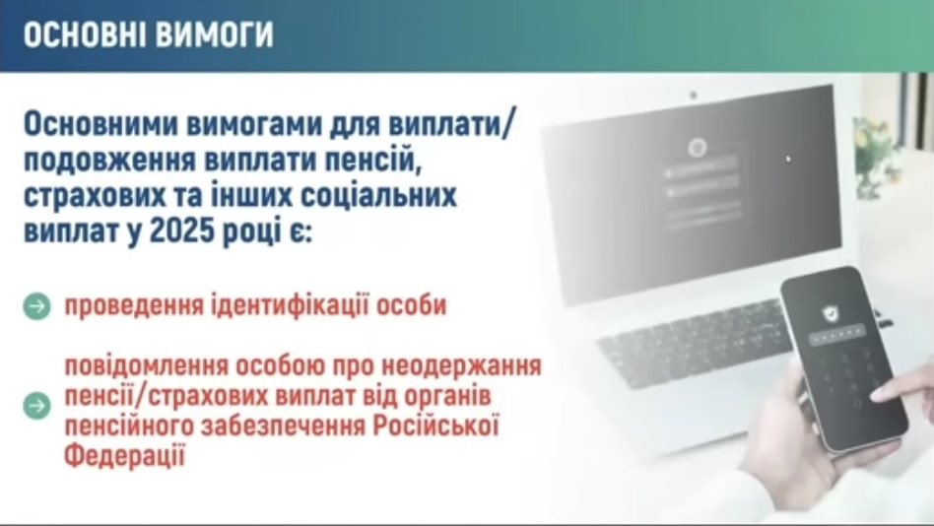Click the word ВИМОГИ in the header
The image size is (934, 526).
(x=212, y=33)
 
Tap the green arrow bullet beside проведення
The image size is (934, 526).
(x=36, y=306)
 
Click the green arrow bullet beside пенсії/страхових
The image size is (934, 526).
(x=36, y=406)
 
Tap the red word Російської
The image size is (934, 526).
(x=435, y=427)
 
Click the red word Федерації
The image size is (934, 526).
(x=124, y=457)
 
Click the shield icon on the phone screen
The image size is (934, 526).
(x=829, y=312)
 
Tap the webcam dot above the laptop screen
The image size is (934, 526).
(x=693, y=95)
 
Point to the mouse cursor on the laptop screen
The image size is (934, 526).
(x=788, y=159)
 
